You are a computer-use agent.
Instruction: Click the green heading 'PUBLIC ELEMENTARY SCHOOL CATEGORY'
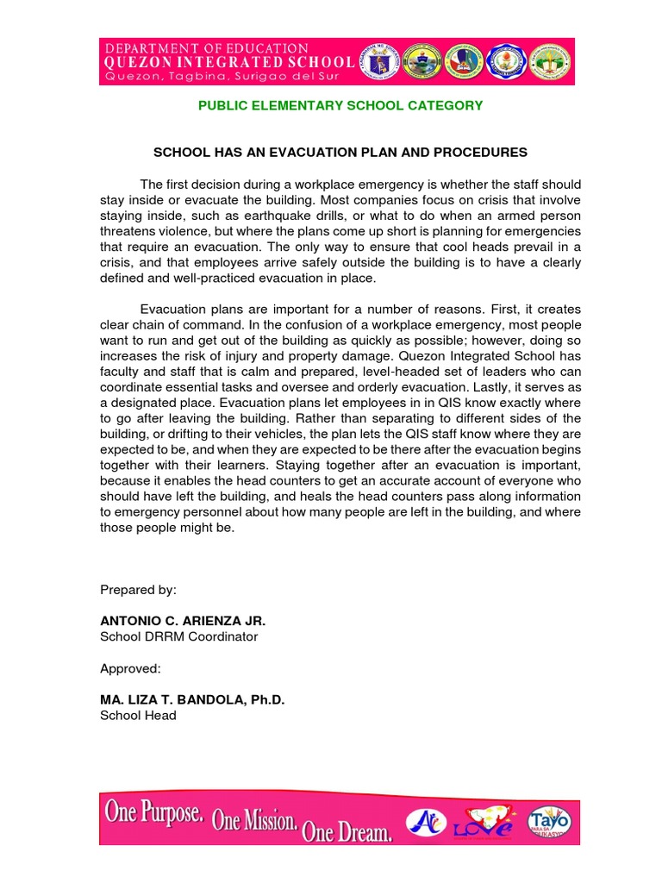pos(340,105)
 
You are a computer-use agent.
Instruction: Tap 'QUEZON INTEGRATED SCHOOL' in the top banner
pos(228,63)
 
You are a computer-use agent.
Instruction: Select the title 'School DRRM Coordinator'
pos(178,636)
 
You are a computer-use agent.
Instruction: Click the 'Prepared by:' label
pos(138,590)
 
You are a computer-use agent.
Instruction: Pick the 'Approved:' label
pos(130,668)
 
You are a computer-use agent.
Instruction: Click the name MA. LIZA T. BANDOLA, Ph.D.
pos(192,699)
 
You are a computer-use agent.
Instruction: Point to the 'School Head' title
pos(138,715)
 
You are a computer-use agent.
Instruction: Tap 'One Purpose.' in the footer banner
pos(156,812)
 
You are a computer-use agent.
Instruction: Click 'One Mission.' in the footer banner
pos(256,820)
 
